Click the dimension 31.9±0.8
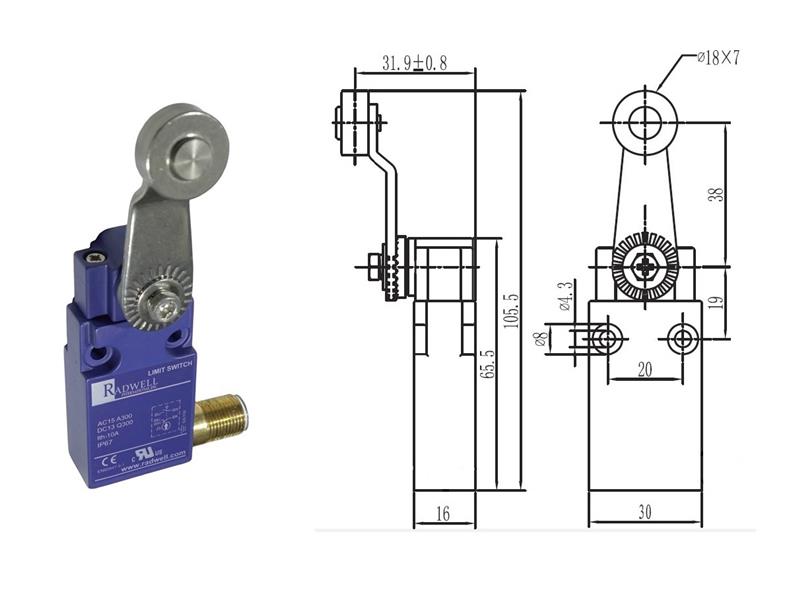pos(414,64)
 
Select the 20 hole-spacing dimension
pos(644,369)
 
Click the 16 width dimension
pos(443,513)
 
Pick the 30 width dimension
pos(644,513)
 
